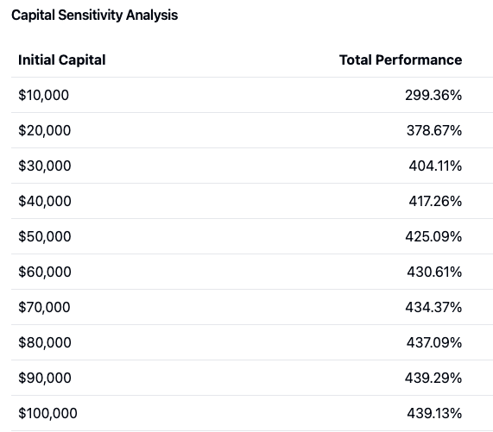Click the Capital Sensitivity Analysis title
pyautogui.click(x=94, y=15)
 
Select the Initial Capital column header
pyautogui.click(x=62, y=59)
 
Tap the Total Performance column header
pyautogui.click(x=401, y=59)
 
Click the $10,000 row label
pyautogui.click(x=43, y=95)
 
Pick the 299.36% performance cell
pyautogui.click(x=433, y=95)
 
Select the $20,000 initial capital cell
pyautogui.click(x=45, y=130)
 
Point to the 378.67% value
pyautogui.click(x=433, y=130)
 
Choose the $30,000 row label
pyautogui.click(x=45, y=166)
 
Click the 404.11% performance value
pyautogui.click(x=435, y=166)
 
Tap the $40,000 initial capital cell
pyautogui.click(x=45, y=201)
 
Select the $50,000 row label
pyautogui.click(x=45, y=236)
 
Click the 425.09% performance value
pyautogui.click(x=433, y=236)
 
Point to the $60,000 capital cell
pyautogui.click(x=45, y=272)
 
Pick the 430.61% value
pyautogui.click(x=434, y=272)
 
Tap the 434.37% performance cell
pyautogui.click(x=433, y=307)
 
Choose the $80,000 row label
pyautogui.click(x=45, y=342)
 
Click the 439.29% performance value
pyautogui.click(x=433, y=378)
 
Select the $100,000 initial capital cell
pyautogui.click(x=47, y=413)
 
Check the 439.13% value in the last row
pyautogui.click(x=433, y=413)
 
